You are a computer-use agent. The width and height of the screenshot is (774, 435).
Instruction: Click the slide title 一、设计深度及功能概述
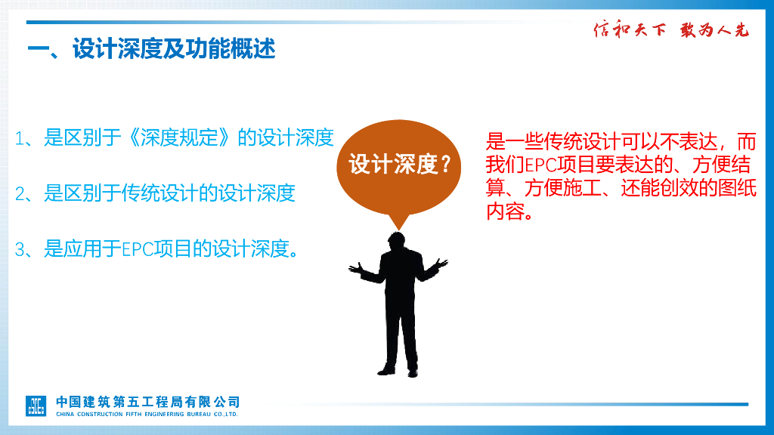[151, 50]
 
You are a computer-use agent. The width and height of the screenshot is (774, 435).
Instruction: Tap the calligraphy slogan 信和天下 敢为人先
[670, 30]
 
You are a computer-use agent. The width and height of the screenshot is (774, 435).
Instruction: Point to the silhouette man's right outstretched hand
[441, 264]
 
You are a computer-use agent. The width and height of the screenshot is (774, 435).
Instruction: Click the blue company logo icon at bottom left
[37, 405]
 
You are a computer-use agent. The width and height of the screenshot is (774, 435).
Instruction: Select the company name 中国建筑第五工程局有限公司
[147, 401]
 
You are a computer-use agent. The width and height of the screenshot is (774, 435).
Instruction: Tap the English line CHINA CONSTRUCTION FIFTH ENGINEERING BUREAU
[147, 414]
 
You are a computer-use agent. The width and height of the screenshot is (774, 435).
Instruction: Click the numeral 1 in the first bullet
[20, 138]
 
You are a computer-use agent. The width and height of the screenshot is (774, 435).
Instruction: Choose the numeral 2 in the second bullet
[20, 194]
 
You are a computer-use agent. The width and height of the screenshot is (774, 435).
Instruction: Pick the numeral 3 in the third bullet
[20, 250]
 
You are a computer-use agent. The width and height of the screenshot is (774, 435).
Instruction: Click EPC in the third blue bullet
[137, 249]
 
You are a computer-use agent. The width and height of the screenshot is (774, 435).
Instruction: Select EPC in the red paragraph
[539, 165]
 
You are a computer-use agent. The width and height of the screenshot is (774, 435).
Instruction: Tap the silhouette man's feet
[398, 370]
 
